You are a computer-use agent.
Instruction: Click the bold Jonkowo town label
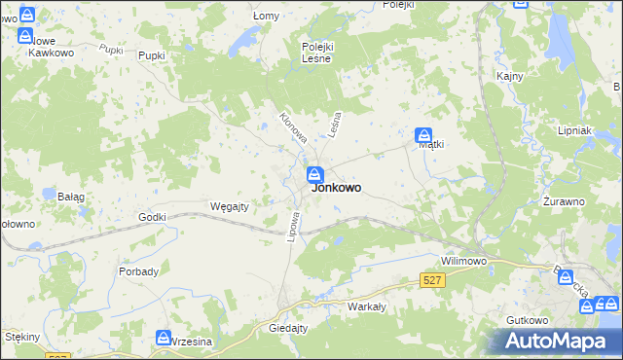click(x=337, y=189)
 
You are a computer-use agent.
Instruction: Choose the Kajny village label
click(x=510, y=76)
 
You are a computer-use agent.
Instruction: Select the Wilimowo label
click(x=464, y=262)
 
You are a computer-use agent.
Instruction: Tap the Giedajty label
click(x=288, y=329)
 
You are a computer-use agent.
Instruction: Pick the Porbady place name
click(x=139, y=271)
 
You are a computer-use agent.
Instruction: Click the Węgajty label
click(x=231, y=206)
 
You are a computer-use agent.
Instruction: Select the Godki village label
click(x=154, y=217)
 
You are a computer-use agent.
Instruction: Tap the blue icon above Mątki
click(x=424, y=135)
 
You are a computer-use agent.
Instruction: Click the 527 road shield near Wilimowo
click(x=433, y=280)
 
